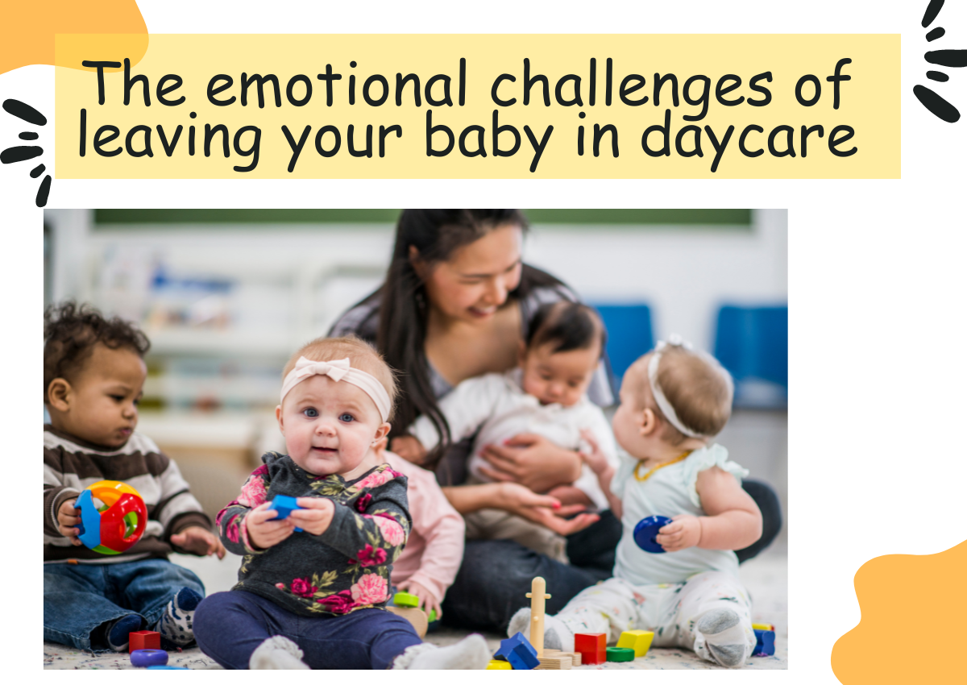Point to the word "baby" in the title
[489, 137]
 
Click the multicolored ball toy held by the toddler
[111, 517]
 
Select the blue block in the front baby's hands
[285, 507]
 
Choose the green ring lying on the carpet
[620, 654]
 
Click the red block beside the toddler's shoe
[144, 641]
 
